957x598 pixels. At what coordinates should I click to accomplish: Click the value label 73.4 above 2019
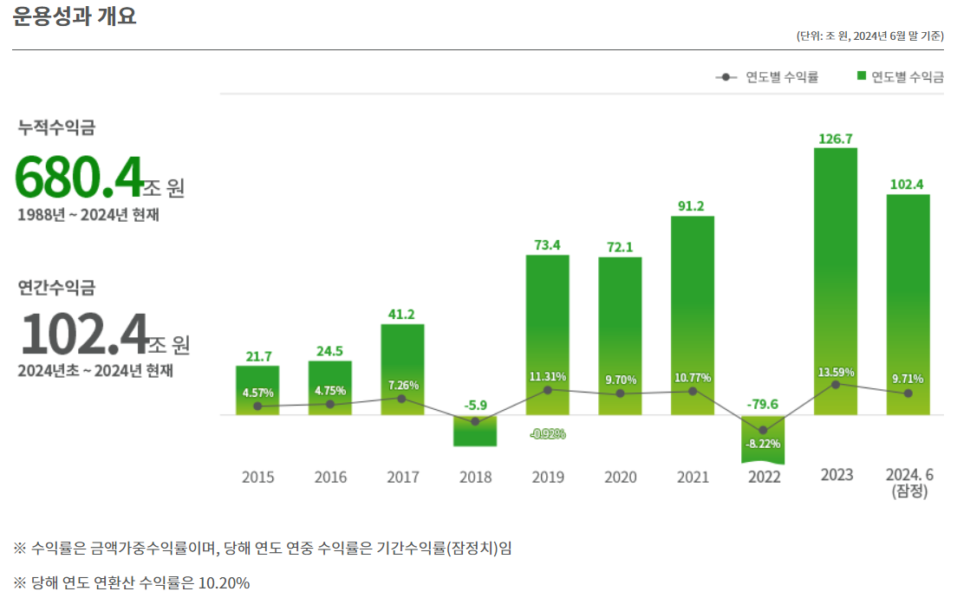(x=547, y=245)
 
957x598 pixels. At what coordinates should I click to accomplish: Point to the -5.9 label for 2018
(x=475, y=405)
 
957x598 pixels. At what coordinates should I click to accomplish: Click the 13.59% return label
(x=836, y=372)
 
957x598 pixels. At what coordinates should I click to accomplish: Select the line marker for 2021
(x=692, y=392)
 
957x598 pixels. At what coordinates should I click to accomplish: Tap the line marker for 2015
(x=257, y=406)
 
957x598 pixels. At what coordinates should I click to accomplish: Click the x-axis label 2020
(x=620, y=477)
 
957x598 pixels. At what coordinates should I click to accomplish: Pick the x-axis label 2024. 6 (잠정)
(x=908, y=483)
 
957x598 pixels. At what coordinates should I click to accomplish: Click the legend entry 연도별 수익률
(x=769, y=77)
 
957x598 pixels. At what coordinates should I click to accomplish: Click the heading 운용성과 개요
(x=75, y=16)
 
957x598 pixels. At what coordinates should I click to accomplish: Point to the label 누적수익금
(x=57, y=127)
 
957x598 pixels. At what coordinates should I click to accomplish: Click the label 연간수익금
(x=57, y=287)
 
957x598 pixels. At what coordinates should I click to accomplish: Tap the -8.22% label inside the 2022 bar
(x=763, y=444)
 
